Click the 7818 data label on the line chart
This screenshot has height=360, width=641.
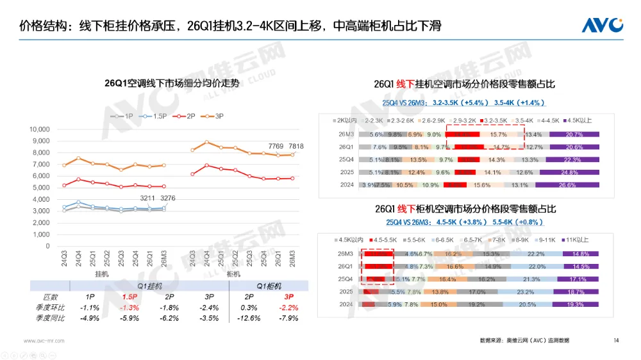point(296,146)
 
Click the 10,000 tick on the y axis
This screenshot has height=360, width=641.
point(40,129)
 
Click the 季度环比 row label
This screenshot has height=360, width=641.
point(46,307)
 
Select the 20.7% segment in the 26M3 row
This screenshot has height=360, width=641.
point(575,135)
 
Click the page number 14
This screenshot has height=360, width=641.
point(616,340)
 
